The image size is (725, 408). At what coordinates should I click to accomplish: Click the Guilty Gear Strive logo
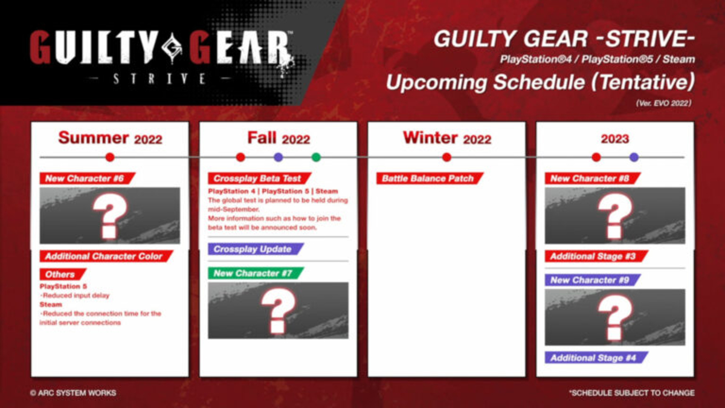(x=162, y=55)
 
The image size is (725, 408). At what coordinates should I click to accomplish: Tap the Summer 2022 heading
(x=110, y=138)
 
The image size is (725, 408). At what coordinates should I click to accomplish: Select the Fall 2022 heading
(x=279, y=138)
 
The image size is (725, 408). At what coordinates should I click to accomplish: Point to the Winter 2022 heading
(x=446, y=138)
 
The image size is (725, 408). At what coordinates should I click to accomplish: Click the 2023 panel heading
(x=615, y=139)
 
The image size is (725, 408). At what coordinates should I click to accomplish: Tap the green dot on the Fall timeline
(x=316, y=157)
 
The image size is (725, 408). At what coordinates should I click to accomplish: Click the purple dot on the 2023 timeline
(x=634, y=157)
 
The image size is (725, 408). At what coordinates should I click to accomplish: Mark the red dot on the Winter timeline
(x=446, y=157)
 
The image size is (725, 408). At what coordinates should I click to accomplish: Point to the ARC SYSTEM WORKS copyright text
(x=72, y=393)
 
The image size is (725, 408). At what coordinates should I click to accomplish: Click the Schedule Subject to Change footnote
(x=631, y=393)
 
